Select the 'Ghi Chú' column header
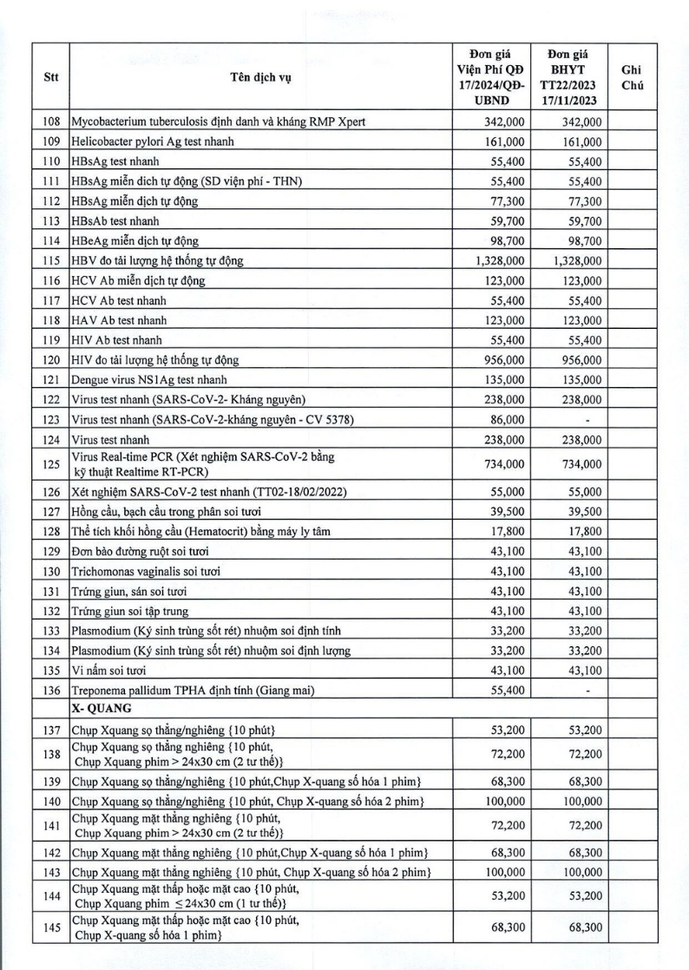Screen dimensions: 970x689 point(633,75)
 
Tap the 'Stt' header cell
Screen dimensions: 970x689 point(51,75)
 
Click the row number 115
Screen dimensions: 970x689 point(51,260)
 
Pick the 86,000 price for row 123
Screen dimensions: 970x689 point(507,420)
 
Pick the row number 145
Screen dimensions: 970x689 point(51,927)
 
